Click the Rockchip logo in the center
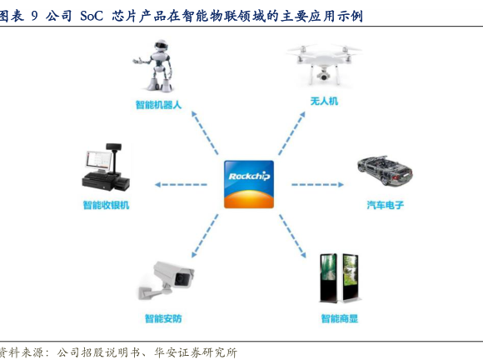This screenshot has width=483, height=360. (x=249, y=184)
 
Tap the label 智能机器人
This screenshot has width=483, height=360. (x=158, y=105)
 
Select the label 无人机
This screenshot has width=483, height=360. (x=324, y=101)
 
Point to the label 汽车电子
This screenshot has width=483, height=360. (x=385, y=205)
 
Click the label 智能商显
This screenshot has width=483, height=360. (x=340, y=318)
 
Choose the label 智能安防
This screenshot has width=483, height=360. (x=163, y=318)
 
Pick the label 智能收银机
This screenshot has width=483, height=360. (x=106, y=205)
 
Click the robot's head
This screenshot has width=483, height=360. (x=161, y=46)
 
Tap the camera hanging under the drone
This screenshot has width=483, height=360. (x=323, y=74)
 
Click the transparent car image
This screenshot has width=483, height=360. (x=385, y=171)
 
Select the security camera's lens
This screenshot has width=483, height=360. (x=179, y=279)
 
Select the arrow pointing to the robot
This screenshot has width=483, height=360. (x=205, y=132)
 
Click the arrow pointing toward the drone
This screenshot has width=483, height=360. (x=291, y=133)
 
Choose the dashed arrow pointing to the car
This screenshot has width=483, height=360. (x=317, y=185)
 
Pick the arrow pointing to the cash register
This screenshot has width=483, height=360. (x=181, y=185)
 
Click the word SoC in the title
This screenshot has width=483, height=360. (x=92, y=16)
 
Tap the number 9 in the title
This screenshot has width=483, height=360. (x=34, y=16)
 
